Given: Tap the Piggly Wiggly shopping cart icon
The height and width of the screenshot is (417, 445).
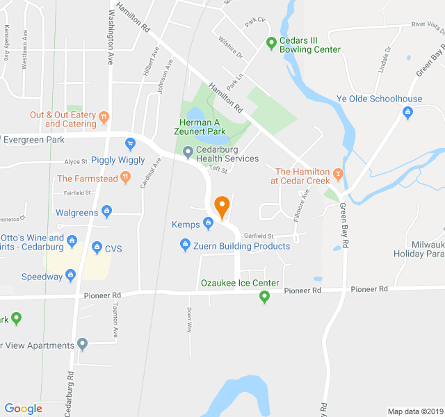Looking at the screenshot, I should coord(130,145).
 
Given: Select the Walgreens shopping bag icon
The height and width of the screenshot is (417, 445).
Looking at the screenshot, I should coord(106,211).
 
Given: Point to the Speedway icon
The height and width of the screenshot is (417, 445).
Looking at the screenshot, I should coord(71,276).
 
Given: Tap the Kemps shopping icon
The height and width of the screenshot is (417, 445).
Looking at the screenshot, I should coord(207,223).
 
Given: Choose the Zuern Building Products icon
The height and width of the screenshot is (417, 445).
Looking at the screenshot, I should coord(185,245).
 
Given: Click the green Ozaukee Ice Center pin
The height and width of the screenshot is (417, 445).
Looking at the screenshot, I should coord(264,297).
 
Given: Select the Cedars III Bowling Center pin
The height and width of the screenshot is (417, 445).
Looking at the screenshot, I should coord(271,43).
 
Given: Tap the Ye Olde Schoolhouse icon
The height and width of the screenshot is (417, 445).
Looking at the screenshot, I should coord(407,111).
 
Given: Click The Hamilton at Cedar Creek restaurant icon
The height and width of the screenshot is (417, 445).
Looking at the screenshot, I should coord(338,172).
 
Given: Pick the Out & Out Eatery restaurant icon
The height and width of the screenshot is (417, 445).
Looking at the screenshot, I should coord(104,116).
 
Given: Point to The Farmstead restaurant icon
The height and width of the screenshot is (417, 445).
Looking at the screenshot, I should coord(125,177).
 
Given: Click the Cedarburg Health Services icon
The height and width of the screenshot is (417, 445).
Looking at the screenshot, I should coord(187,152).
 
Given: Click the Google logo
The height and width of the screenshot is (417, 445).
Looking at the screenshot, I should coord(23,409).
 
